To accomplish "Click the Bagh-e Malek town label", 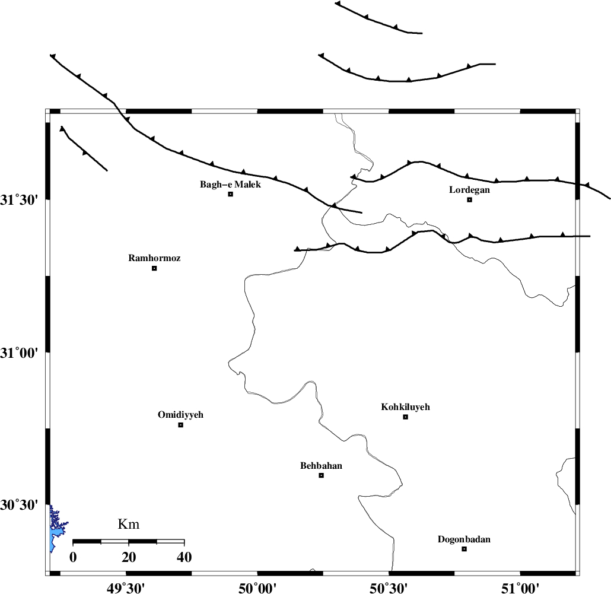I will coord(230,185).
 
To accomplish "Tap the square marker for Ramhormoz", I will coord(154,268).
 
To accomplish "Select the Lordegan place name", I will coord(469,190).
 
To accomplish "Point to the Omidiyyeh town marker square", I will coord(181,425).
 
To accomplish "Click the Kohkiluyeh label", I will coord(405,407).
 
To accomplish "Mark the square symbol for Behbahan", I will coord(322,475).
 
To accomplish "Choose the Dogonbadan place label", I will coord(464,539).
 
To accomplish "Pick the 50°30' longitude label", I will coord(389,587).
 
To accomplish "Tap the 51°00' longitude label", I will coord(520,587).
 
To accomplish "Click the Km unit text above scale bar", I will coord(129,524).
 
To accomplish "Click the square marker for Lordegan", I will coord(469,199).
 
